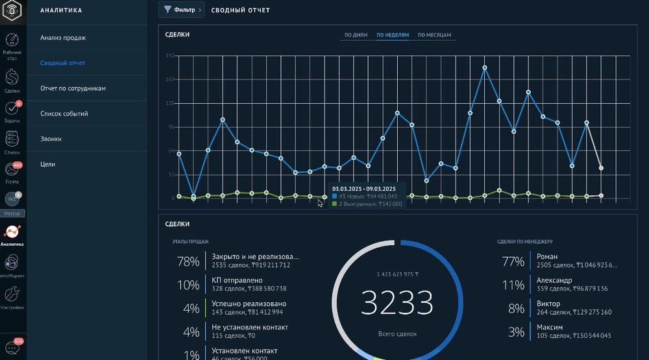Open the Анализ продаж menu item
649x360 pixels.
(x=63, y=38)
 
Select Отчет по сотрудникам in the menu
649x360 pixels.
(x=73, y=88)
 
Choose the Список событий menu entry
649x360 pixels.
(x=64, y=114)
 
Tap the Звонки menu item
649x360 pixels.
(x=51, y=139)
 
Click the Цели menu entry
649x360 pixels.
(x=47, y=164)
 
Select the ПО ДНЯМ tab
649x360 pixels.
(x=356, y=35)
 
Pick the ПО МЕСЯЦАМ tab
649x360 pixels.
(x=434, y=35)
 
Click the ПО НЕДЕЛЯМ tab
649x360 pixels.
(x=393, y=35)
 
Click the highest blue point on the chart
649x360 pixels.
(x=485, y=67)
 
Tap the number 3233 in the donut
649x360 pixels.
(x=397, y=302)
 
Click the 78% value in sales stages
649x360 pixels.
(x=188, y=261)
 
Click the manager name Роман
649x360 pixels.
(x=547, y=257)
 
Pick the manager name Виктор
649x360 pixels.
(x=548, y=304)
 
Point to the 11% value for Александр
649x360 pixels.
(x=513, y=285)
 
